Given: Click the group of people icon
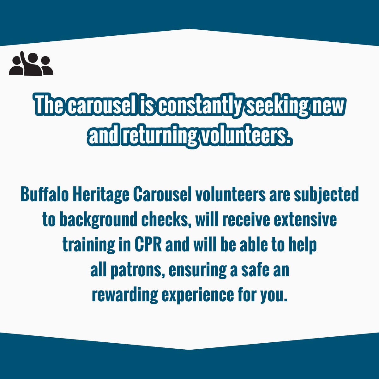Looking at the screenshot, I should (x=31, y=63).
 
